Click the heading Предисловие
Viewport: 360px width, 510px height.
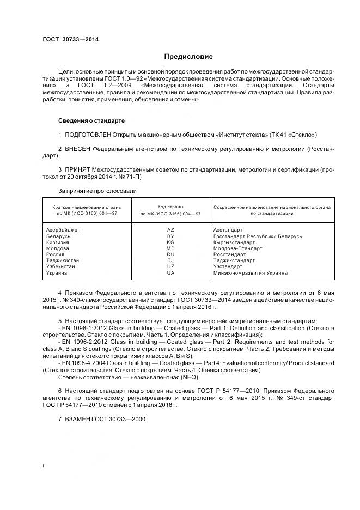click(188, 57)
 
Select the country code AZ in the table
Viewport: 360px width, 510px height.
click(170, 230)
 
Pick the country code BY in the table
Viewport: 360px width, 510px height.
click(170, 236)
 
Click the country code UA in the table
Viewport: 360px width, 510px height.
click(170, 272)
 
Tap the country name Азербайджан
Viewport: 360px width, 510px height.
click(64, 230)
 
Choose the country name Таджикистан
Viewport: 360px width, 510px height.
click(63, 260)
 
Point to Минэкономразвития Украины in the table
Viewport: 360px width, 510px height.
click(251, 272)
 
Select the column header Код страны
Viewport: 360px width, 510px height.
click(170, 207)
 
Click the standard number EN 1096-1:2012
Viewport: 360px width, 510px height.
click(83, 331)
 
